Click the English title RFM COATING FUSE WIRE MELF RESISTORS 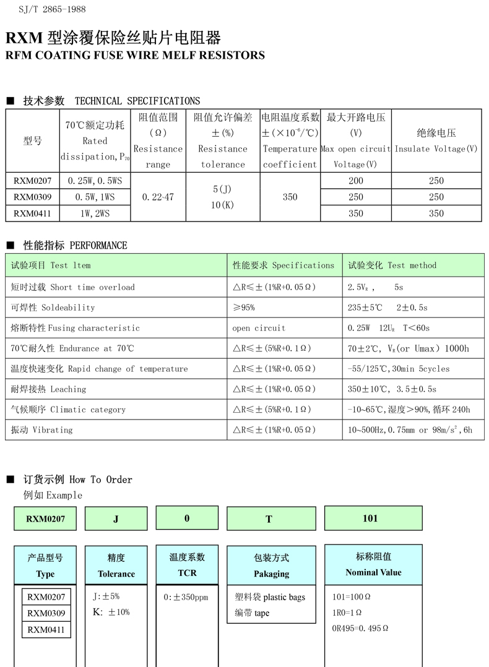pyautogui.click(x=135, y=55)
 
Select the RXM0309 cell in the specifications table pyautogui.click(x=33, y=197)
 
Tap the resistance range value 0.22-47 pyautogui.click(x=158, y=197)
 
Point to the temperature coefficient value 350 pyautogui.click(x=290, y=197)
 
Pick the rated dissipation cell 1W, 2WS pyautogui.click(x=95, y=213)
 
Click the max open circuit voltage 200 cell pyautogui.click(x=355, y=181)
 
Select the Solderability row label pyautogui.click(x=53, y=308)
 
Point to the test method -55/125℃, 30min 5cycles pyautogui.click(x=399, y=369)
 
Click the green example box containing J pyautogui.click(x=116, y=519)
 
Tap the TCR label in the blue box pyautogui.click(x=187, y=573)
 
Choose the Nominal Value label pyautogui.click(x=373, y=572)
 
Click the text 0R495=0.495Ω pyautogui.click(x=360, y=628)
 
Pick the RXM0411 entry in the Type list pyautogui.click(x=46, y=630)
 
